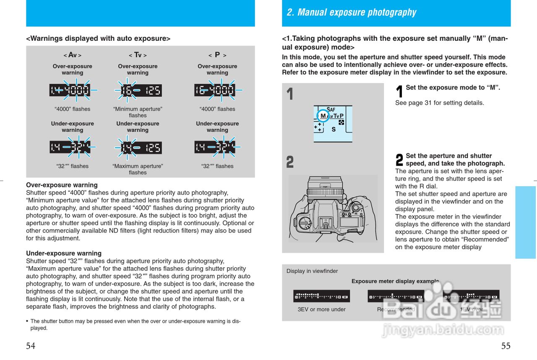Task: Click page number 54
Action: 31,346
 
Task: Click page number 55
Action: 506,346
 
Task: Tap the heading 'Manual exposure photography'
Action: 351,13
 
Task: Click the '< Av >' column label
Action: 72,55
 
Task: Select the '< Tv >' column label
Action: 138,55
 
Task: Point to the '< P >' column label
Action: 217,55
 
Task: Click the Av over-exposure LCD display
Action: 70,90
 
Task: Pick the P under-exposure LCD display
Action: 215,147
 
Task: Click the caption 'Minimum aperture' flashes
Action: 138,112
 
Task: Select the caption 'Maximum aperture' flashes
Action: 138,169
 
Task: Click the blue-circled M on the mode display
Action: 323,116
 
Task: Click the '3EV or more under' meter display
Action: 321,297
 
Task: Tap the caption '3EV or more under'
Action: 321,309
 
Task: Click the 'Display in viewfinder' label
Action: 312,271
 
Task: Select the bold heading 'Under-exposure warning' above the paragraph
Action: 64,253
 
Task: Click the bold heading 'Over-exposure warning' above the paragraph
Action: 62,185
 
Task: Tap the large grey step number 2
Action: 290,162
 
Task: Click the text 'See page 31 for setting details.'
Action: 439,103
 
